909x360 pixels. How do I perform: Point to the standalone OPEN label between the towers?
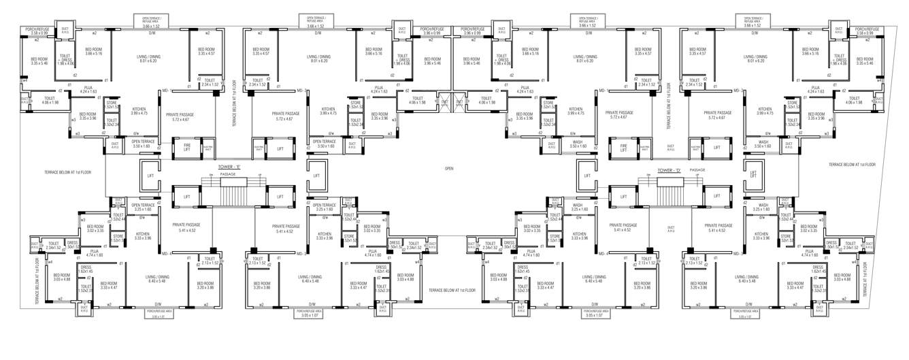(x=449, y=167)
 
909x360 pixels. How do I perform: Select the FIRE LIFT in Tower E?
(x=186, y=148)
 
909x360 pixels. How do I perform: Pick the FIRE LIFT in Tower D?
(x=623, y=148)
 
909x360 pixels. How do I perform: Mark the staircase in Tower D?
(x=670, y=195)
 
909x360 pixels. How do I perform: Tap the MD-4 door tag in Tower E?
(x=165, y=254)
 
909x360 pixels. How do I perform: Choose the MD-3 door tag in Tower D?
(x=738, y=254)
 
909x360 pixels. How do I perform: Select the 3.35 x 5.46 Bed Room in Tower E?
(x=39, y=61)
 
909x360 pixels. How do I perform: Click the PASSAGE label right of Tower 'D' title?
(x=697, y=169)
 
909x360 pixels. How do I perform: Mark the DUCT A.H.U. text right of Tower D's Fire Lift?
(x=670, y=148)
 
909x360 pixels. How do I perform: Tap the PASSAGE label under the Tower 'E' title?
(x=228, y=175)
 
